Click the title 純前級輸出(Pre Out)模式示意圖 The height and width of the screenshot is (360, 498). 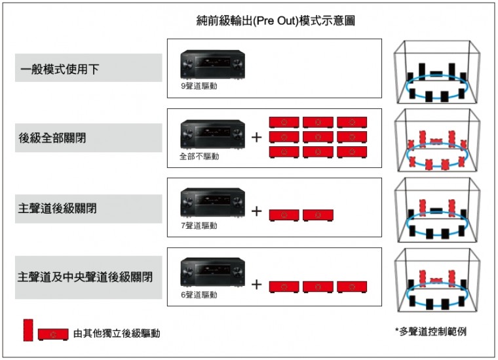pos(275,20)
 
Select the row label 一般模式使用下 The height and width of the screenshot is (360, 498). pos(58,68)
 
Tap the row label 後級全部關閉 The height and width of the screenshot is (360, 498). pos(52,138)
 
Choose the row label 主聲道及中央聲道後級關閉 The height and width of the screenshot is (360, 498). pos(85,277)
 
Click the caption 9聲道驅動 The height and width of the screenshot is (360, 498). pos(199,86)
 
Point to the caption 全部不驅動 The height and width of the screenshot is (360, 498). pos(199,156)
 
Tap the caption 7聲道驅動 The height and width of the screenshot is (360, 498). pos(199,226)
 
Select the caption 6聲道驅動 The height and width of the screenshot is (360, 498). pos(199,295)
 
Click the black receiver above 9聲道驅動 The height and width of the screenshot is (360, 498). pos(212,66)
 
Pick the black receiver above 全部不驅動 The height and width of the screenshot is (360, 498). pos(212,136)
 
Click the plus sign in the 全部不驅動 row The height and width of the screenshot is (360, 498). pos(257,138)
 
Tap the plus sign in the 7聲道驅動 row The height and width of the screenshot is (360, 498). pos(257,211)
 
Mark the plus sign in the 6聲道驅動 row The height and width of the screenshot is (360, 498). pos(257,285)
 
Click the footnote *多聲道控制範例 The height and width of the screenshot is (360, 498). pos(431,332)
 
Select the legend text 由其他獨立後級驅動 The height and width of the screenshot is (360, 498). pos(116,334)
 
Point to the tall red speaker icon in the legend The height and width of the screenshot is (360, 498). pos(28,329)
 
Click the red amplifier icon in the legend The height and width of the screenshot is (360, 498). pos(53,334)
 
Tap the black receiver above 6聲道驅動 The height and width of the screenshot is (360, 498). pos(212,274)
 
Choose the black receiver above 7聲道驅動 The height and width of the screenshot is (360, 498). pos(212,205)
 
